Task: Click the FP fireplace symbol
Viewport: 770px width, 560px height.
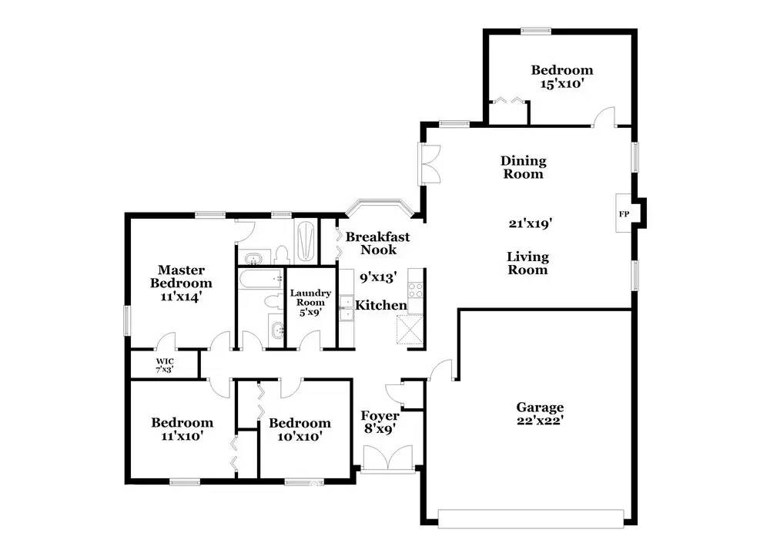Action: coord(624,213)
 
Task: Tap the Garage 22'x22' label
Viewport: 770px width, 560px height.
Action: coord(540,414)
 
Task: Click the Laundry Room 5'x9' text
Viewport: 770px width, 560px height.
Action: coord(310,297)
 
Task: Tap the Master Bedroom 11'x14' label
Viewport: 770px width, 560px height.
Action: coord(181,283)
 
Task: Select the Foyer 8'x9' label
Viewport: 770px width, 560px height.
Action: coord(380,423)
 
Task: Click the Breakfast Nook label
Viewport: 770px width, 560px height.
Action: coord(377,243)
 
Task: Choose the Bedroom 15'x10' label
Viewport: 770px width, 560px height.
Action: coord(562,77)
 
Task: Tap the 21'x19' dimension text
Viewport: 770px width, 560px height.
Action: coord(531,224)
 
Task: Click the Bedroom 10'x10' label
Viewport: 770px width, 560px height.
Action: coord(300,429)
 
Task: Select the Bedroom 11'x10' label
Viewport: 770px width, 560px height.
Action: coord(182,429)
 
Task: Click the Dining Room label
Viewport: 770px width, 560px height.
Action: coord(524,167)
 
